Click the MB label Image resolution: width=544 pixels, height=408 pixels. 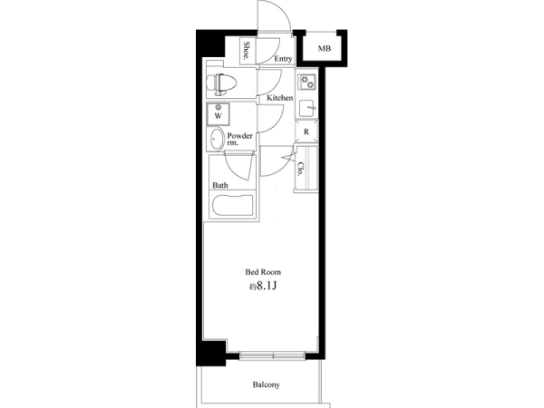click(325, 49)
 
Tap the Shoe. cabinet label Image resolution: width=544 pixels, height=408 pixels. click(247, 51)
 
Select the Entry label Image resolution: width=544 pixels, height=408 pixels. click(283, 59)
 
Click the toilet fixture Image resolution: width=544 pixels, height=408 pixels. click(222, 83)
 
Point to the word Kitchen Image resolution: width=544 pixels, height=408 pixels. click(279, 98)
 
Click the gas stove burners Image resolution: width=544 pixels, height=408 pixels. click(307, 82)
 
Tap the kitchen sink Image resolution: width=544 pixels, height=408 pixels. click(306, 108)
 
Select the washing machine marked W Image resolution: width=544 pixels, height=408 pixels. click(219, 114)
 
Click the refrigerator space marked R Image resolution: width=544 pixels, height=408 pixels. click(306, 131)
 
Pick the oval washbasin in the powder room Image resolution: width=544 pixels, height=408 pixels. click(217, 139)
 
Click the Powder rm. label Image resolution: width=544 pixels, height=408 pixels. click(239, 139)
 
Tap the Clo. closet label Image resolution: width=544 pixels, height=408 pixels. click(300, 169)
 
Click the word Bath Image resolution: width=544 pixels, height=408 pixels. click(220, 185)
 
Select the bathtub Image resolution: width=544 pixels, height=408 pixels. click(232, 206)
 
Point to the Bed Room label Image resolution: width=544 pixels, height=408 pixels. click(263, 272)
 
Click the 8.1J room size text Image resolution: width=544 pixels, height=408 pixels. click(267, 287)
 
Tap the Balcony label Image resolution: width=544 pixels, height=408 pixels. click(266, 384)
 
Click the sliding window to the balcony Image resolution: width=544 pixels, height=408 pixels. click(272, 355)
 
